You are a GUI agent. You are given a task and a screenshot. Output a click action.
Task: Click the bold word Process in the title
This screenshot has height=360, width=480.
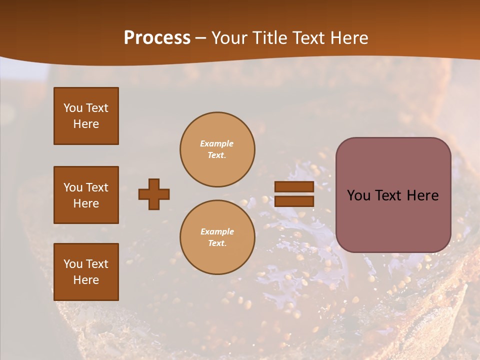(157, 38)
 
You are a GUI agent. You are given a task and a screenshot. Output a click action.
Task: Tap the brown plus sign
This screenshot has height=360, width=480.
(154, 194)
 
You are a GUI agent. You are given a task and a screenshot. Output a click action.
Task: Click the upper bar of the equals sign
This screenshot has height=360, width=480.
(294, 186)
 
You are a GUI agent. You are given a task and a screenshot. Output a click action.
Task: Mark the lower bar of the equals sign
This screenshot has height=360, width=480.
(294, 201)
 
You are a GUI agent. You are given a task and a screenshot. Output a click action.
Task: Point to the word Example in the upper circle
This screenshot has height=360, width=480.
(217, 143)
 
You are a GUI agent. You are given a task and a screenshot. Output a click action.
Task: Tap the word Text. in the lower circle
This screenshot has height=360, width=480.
(217, 243)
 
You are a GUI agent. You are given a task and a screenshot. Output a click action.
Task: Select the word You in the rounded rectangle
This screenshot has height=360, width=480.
(358, 195)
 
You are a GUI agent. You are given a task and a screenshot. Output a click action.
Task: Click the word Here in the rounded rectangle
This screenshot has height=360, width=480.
(422, 195)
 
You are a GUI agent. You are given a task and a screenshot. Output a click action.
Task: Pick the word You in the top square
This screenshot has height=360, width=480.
(73, 108)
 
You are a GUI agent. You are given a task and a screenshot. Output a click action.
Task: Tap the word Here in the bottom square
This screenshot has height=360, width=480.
(86, 280)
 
